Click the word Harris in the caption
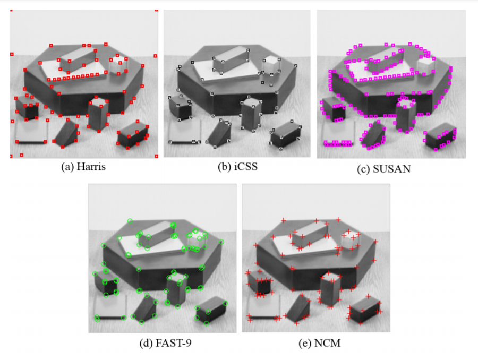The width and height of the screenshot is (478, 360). coord(91,167)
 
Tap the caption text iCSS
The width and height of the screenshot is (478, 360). coord(246,166)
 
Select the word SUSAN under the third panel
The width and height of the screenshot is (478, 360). coord(392,168)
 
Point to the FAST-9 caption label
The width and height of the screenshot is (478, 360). coord(174,343)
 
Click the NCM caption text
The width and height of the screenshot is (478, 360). coord(327,343)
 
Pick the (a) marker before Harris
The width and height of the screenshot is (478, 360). coord(67,167)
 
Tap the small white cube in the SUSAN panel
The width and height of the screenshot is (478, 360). coord(426,65)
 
